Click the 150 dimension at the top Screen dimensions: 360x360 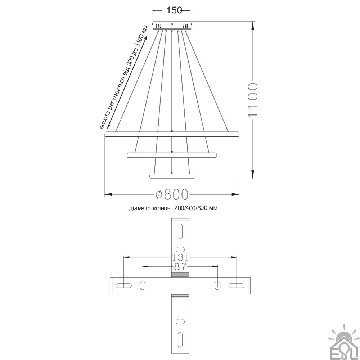point(174,10)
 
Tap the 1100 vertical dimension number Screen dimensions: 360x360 point(253,100)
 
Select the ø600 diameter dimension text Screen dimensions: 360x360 point(172,195)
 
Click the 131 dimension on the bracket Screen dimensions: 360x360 point(180,258)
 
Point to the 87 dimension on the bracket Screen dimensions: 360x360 point(180,267)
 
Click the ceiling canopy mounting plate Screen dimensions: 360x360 point(172,25)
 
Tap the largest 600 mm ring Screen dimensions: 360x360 point(172,134)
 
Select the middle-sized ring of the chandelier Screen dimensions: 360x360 point(172,155)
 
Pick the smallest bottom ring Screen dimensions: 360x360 point(172,176)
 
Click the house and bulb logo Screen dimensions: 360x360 point(344,342)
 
